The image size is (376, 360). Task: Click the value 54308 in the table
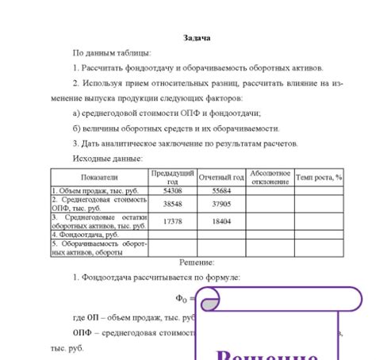click(172, 191)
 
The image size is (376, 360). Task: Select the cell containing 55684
click(221, 191)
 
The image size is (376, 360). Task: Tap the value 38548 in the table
click(172, 204)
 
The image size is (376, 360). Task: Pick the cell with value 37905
click(221, 204)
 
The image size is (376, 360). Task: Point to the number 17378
click(172, 221)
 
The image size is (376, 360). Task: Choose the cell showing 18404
click(221, 221)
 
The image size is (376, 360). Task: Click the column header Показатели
click(99, 178)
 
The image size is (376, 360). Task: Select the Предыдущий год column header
click(172, 177)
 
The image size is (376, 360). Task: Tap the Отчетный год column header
click(221, 178)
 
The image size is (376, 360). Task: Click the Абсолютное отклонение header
click(270, 177)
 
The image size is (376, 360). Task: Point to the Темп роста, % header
click(319, 178)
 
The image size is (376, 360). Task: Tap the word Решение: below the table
click(187, 261)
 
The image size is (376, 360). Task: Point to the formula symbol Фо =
click(184, 298)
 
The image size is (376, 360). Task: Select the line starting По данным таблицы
click(111, 53)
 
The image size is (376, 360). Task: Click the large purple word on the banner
click(265, 354)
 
